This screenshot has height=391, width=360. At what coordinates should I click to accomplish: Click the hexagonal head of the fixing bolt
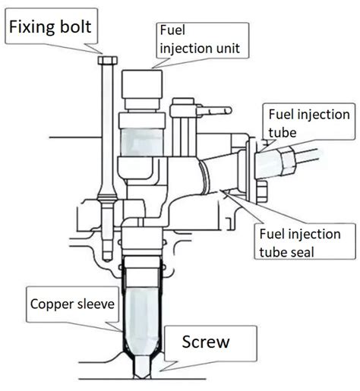(108, 60)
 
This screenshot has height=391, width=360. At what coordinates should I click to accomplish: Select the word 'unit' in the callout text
(229, 48)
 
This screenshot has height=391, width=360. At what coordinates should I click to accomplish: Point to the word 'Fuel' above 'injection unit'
(172, 30)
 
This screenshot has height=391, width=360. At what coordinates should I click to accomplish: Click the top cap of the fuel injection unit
(142, 84)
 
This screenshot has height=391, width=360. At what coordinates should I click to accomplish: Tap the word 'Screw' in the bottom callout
(206, 342)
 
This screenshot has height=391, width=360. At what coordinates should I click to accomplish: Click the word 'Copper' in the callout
(52, 304)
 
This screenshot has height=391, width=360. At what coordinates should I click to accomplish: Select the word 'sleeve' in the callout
(96, 304)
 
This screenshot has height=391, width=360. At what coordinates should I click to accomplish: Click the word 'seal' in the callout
(303, 252)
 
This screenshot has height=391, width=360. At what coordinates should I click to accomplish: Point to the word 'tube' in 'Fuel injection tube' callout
(283, 133)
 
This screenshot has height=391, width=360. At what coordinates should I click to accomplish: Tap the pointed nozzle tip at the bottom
(142, 375)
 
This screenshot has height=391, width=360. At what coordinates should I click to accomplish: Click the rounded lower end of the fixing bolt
(108, 257)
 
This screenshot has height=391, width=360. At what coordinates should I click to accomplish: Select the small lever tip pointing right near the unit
(227, 110)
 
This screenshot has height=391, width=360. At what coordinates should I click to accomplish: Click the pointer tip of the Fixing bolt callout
(102, 53)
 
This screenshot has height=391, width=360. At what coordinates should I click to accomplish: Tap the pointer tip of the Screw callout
(160, 371)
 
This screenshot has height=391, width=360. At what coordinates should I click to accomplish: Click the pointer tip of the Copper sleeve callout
(122, 332)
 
